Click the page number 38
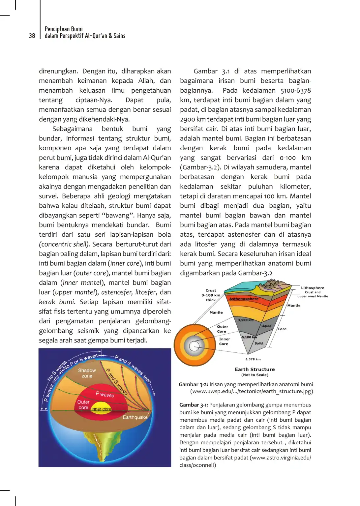[32, 36]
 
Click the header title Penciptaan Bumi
[64, 29]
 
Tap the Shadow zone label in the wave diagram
[87, 373]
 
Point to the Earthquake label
[135, 417]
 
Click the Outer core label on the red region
[83, 404]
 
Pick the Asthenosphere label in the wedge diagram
[244, 299]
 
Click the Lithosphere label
[313, 288]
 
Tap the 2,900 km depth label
[246, 320]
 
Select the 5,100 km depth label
[249, 337]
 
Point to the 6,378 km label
[253, 359]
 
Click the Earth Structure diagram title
[255, 370]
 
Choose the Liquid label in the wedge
[266, 326]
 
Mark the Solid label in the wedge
[259, 343]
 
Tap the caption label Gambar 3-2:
[194, 384]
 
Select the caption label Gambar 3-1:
[194, 405]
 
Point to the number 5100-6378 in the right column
[295, 90]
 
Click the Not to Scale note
[255, 375]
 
